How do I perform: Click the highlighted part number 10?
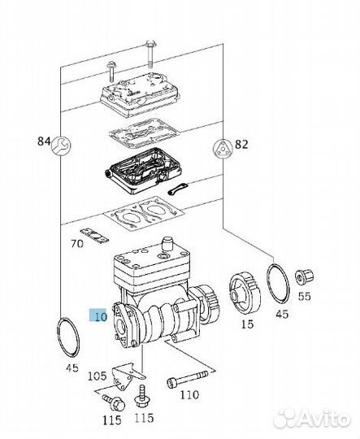pyautogui.click(x=98, y=315)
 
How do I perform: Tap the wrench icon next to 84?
pyautogui.click(x=62, y=146)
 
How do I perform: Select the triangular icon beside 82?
pyautogui.click(x=223, y=148)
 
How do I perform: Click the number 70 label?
pyautogui.click(x=77, y=244)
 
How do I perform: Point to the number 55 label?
pyautogui.click(x=304, y=296)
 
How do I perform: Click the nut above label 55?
pyautogui.click(x=304, y=276)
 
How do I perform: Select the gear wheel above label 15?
pyautogui.click(x=245, y=293)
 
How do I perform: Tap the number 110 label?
pyautogui.click(x=189, y=395)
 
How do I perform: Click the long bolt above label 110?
pyautogui.click(x=188, y=379)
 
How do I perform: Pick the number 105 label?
pyautogui.click(x=98, y=376)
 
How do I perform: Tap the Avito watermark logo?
pyautogui.click(x=311, y=419)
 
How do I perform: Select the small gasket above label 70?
pyautogui.click(x=94, y=236)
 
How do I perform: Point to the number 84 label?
pyautogui.click(x=44, y=141)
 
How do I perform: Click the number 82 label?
pyautogui.click(x=241, y=145)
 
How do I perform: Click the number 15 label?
pyautogui.click(x=247, y=324)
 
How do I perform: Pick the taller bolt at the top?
pyautogui.click(x=150, y=54)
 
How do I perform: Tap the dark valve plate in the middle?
pyautogui.click(x=142, y=172)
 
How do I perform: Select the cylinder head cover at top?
pyautogui.click(x=140, y=93)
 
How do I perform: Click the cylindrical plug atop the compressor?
pyautogui.click(x=167, y=243)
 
